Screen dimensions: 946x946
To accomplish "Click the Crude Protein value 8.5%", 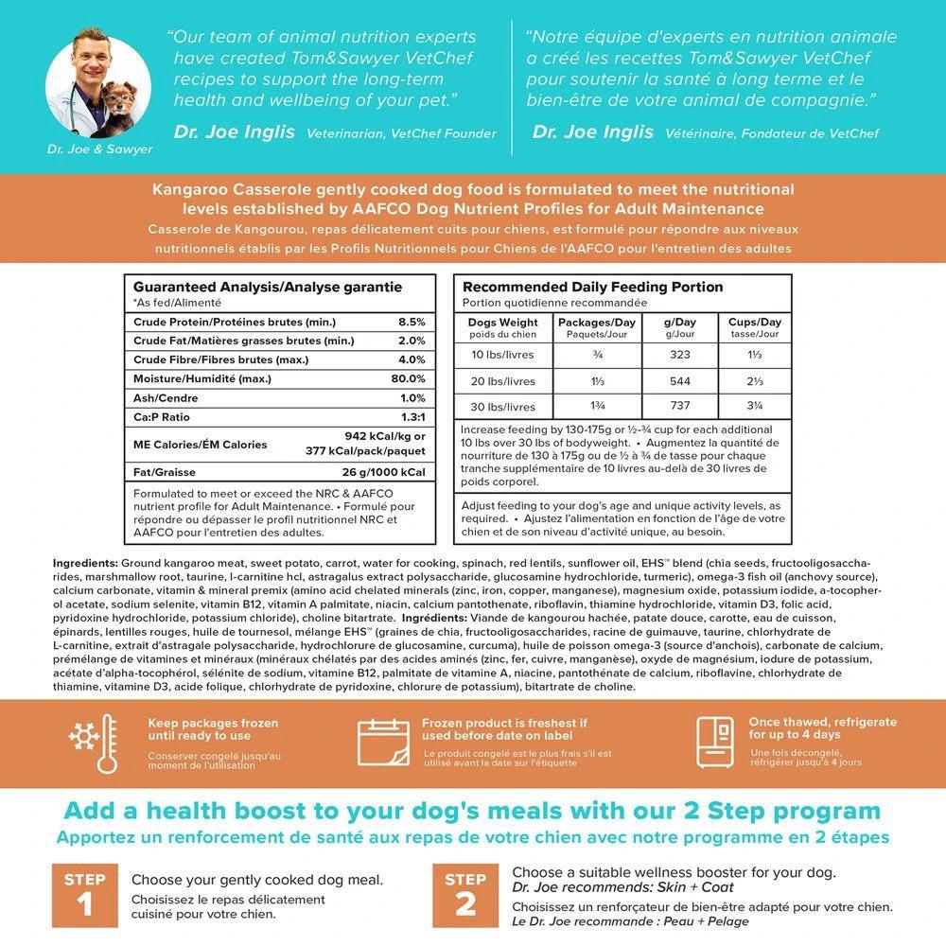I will (x=412, y=322).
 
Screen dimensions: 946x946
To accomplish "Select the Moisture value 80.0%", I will (x=409, y=378).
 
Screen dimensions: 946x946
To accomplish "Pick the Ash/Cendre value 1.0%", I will (x=412, y=397).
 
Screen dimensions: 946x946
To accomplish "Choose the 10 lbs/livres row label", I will (x=502, y=355).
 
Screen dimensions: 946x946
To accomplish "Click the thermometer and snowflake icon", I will (x=93, y=744).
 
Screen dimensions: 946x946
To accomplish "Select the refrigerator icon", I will (x=714, y=744).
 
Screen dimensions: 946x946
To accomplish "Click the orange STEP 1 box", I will (x=84, y=895).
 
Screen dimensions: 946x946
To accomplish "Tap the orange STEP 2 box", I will (x=465, y=895).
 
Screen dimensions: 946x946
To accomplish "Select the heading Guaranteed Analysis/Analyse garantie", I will (x=268, y=287).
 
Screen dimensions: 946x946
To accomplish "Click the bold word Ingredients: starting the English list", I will (x=85, y=563).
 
